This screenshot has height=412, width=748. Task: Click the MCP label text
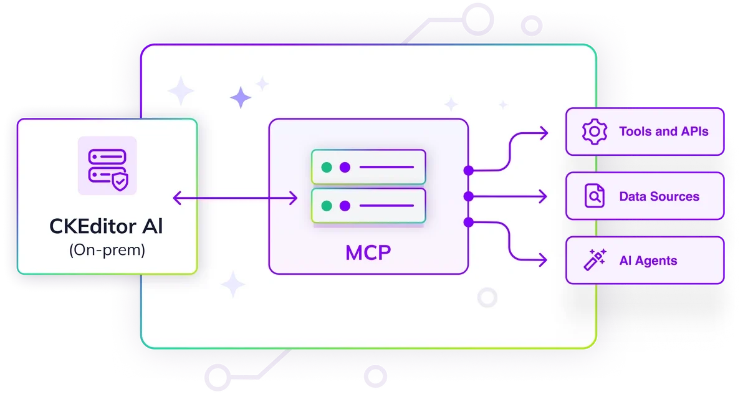click(368, 253)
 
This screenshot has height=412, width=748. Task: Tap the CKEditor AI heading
click(107, 226)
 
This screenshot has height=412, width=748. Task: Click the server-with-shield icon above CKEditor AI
click(107, 165)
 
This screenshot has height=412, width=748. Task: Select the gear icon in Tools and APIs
click(594, 132)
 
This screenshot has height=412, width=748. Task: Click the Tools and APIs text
click(663, 132)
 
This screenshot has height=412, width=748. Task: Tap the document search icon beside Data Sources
click(594, 196)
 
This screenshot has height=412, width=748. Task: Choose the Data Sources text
click(659, 196)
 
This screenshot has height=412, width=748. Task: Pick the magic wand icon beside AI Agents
click(594, 261)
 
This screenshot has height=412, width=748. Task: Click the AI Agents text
click(648, 261)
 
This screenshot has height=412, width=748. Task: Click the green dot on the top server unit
click(326, 167)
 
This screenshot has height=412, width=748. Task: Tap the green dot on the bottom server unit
click(326, 205)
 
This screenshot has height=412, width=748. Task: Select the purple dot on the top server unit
click(345, 167)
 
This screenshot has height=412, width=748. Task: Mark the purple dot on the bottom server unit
click(345, 205)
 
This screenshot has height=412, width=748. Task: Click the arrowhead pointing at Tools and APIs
click(544, 132)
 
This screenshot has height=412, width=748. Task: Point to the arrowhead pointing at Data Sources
click(544, 196)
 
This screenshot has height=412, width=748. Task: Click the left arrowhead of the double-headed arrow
click(176, 198)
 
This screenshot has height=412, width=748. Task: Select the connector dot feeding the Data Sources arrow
click(469, 196)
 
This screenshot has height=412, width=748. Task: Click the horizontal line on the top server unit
click(386, 167)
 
